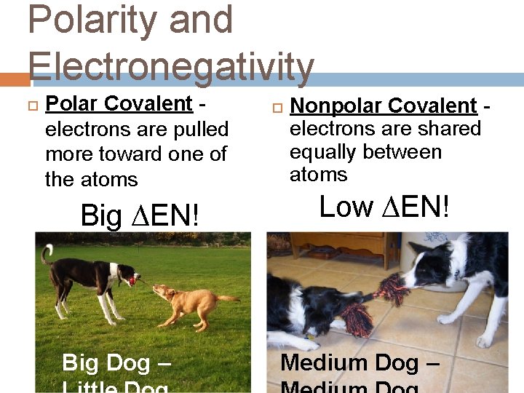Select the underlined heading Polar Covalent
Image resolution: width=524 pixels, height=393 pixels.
(119, 104)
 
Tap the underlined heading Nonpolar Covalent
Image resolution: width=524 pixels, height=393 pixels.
(383, 106)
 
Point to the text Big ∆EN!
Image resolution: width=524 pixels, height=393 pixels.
(140, 216)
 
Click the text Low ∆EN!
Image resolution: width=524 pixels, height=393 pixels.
(385, 207)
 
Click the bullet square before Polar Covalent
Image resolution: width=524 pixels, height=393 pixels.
(31, 106)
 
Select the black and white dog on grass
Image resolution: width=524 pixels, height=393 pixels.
(87, 280)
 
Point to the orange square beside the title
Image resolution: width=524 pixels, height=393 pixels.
(14, 78)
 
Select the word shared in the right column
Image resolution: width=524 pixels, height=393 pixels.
(451, 130)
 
